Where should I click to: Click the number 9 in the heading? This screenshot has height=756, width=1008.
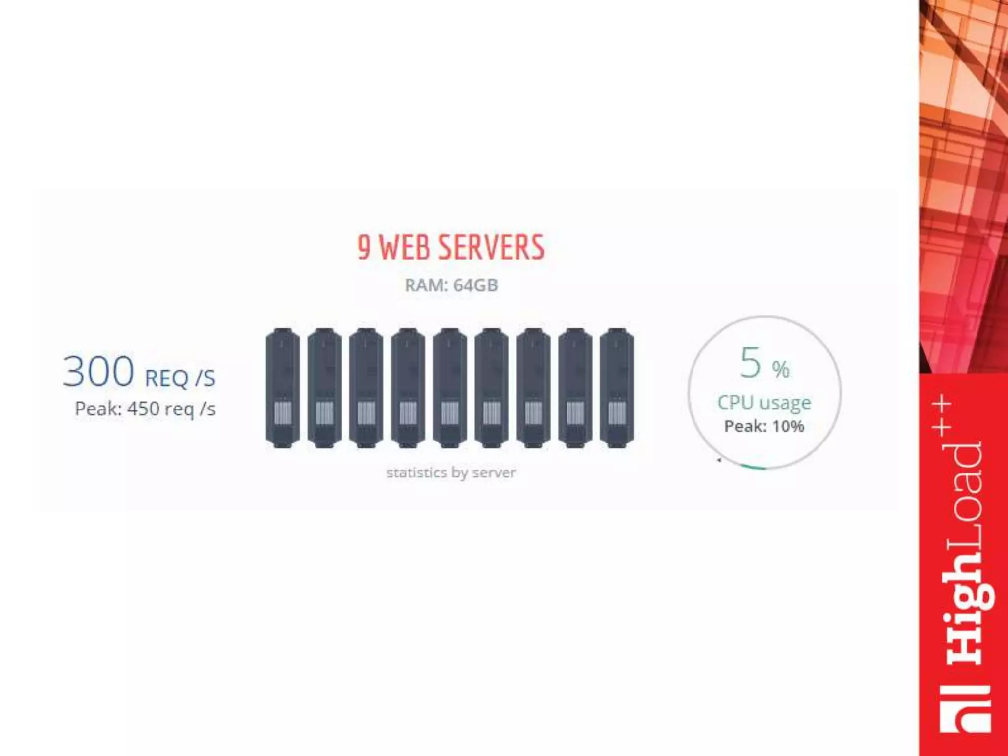[363, 247]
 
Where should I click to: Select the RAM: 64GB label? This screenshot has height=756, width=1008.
[451, 285]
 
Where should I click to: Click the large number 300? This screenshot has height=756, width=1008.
[98, 372]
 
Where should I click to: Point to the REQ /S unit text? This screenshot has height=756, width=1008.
[180, 378]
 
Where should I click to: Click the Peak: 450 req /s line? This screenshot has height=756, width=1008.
[145, 409]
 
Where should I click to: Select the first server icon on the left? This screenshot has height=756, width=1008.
[283, 388]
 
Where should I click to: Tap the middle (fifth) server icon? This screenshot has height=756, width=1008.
[450, 388]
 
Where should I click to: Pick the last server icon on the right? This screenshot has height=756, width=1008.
[617, 388]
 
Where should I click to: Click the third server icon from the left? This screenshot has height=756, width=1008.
[366, 388]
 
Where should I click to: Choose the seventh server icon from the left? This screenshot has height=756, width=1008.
[534, 388]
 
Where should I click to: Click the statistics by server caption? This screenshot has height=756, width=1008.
[451, 472]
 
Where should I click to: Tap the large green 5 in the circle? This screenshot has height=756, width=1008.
[751, 363]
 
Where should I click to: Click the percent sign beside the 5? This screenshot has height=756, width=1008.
[781, 369]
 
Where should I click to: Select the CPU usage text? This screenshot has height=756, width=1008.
[764, 403]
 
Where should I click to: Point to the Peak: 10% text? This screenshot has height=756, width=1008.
[764, 426]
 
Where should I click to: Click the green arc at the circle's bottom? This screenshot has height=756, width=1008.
[753, 467]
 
